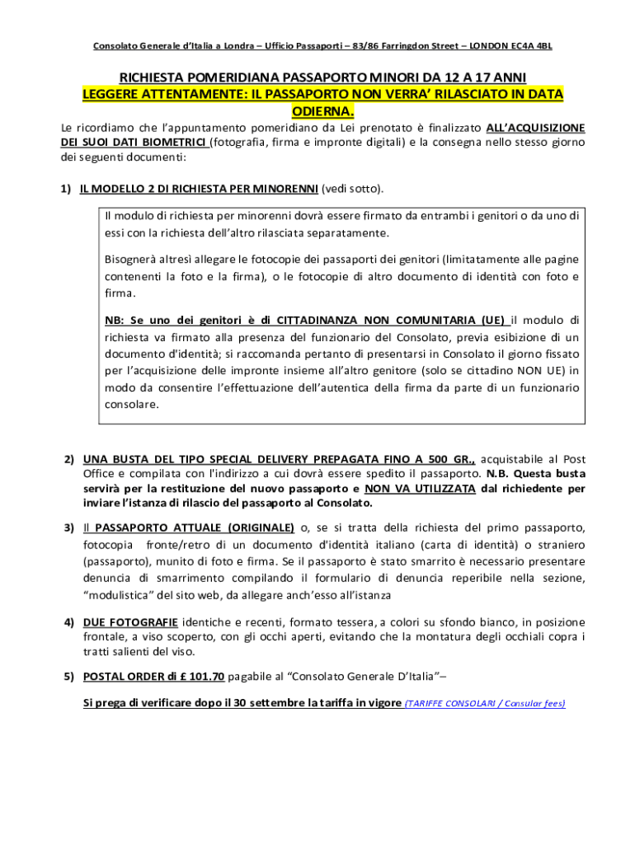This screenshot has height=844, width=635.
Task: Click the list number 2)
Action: tap(70, 459)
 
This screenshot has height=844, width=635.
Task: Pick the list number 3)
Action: tap(70, 527)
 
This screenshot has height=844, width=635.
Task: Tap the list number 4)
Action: tap(70, 622)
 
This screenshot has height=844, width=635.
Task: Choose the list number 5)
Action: tap(70, 678)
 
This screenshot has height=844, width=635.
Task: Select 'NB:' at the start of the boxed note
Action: tap(114, 320)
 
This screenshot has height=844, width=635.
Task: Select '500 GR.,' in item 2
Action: tap(449, 459)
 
